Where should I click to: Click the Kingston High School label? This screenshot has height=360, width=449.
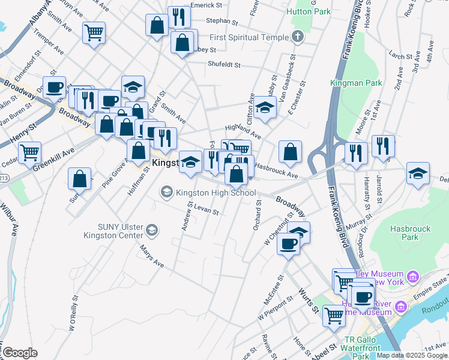pyautogui.click(x=216, y=193)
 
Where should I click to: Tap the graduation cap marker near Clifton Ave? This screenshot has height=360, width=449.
pyautogui.click(x=264, y=108)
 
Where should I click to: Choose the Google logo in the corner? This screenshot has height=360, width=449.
pyautogui.click(x=19, y=353)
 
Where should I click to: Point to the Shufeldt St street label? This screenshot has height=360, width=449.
pyautogui.click(x=224, y=64)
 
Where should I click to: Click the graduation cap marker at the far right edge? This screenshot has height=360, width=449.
pyautogui.click(x=418, y=173)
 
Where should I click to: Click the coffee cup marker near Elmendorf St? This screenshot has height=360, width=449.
pyautogui.click(x=54, y=86)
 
